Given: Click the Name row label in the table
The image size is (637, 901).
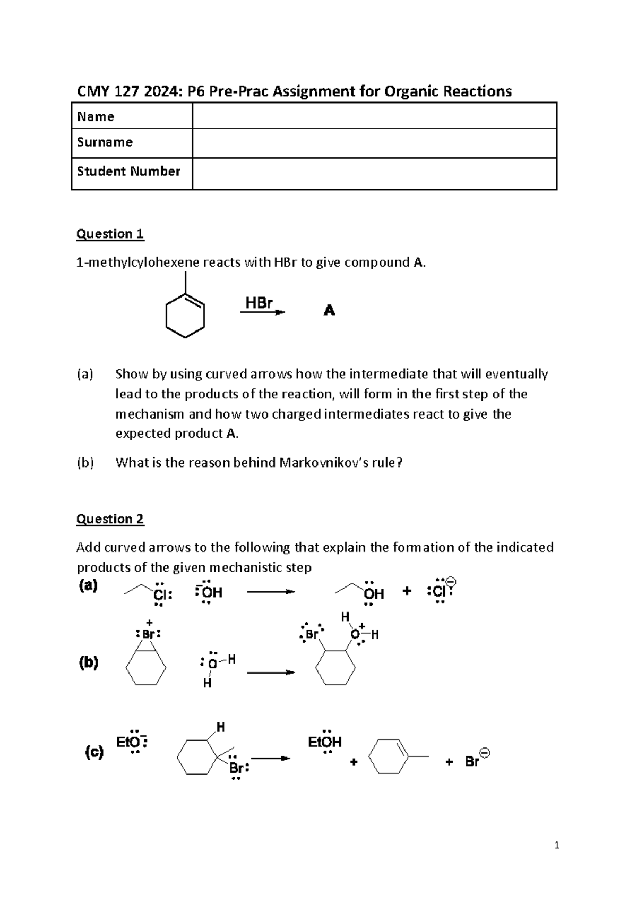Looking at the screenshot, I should point(96,117).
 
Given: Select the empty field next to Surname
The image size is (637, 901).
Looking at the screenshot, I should point(374,143).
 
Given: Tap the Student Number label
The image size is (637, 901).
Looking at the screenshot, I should point(128,171).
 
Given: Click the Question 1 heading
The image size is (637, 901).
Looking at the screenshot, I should point(110,234).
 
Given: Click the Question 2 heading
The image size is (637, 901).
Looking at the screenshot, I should point(110,519).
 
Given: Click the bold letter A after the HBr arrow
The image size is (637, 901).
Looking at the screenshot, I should point(329,310).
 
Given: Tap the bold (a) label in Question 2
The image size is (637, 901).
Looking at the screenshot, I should point(88,585).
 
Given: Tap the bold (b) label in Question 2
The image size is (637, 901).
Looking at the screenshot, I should point(88,662).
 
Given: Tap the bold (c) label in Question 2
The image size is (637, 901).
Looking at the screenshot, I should point(94,752).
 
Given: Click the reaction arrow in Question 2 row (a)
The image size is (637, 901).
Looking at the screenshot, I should point(271,592).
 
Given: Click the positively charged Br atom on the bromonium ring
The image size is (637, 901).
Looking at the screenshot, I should point(148,634).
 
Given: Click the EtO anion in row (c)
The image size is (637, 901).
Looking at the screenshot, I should point(131,742).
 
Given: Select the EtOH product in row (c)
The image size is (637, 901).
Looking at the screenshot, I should point(324,742).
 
